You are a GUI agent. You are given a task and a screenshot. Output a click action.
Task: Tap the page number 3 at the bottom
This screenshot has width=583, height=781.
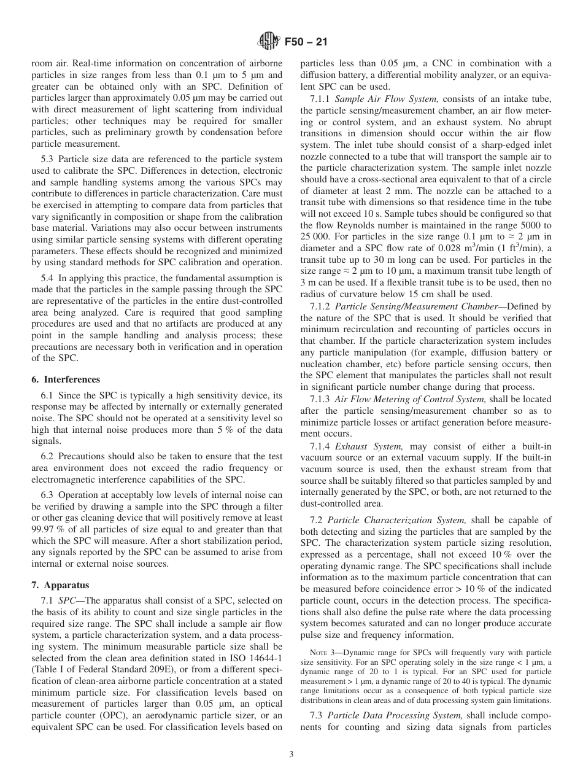click(x=291, y=754)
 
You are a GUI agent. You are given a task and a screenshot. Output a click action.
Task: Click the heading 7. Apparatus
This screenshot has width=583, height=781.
click(x=60, y=585)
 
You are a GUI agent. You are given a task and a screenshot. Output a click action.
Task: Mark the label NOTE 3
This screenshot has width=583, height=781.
click(x=322, y=652)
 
